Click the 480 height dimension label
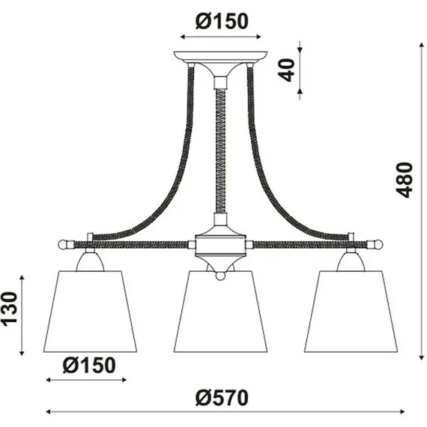(x=405, y=180)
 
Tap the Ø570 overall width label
(x=222, y=398)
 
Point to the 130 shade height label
(x=9, y=309)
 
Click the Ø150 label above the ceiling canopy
(x=222, y=21)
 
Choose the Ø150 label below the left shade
(x=89, y=365)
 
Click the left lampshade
(x=90, y=312)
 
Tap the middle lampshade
(x=220, y=312)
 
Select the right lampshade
(x=351, y=312)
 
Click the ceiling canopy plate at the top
(x=220, y=57)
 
